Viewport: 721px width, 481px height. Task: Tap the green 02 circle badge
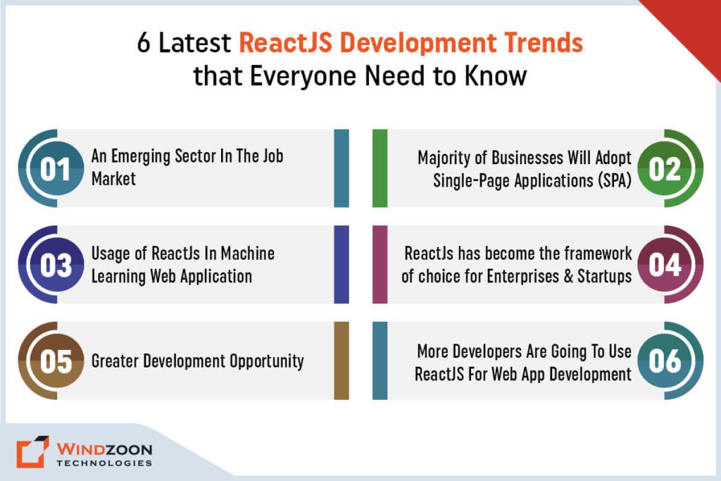(x=665, y=169)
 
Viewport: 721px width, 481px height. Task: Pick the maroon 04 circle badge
(x=665, y=266)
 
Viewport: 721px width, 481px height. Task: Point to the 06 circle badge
(x=665, y=361)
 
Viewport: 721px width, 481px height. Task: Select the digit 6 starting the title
(x=144, y=44)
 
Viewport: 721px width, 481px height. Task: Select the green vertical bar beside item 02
(x=380, y=168)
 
